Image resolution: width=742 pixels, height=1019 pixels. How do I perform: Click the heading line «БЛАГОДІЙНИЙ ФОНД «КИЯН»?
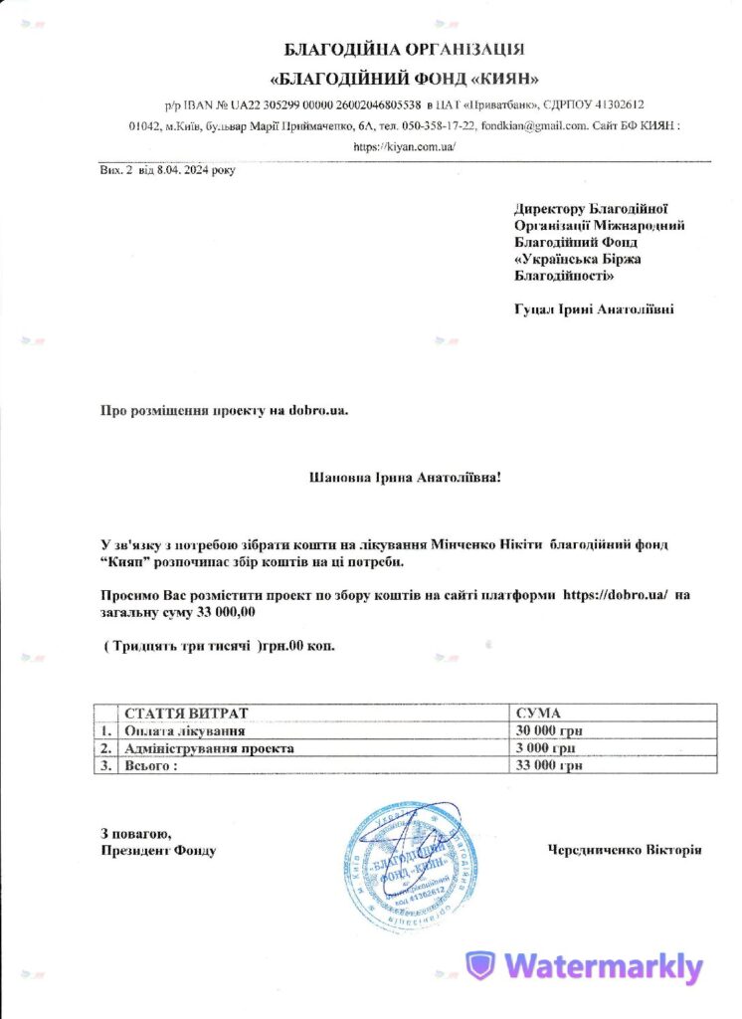pyautogui.click(x=405, y=79)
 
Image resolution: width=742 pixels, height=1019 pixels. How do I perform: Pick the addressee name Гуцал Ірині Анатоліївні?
pyautogui.click(x=594, y=309)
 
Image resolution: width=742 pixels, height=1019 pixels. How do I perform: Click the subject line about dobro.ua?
pyautogui.click(x=224, y=410)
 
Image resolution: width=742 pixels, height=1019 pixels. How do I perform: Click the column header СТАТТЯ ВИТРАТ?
pyautogui.click(x=184, y=713)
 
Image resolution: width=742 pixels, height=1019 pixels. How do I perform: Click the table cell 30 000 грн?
pyautogui.click(x=549, y=730)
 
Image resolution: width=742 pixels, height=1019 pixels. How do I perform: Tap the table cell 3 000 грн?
pyautogui.click(x=546, y=748)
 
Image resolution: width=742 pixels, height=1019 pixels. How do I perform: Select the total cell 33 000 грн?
pyautogui.click(x=549, y=766)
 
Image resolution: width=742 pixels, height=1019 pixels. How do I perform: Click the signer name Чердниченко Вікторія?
pyautogui.click(x=625, y=851)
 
